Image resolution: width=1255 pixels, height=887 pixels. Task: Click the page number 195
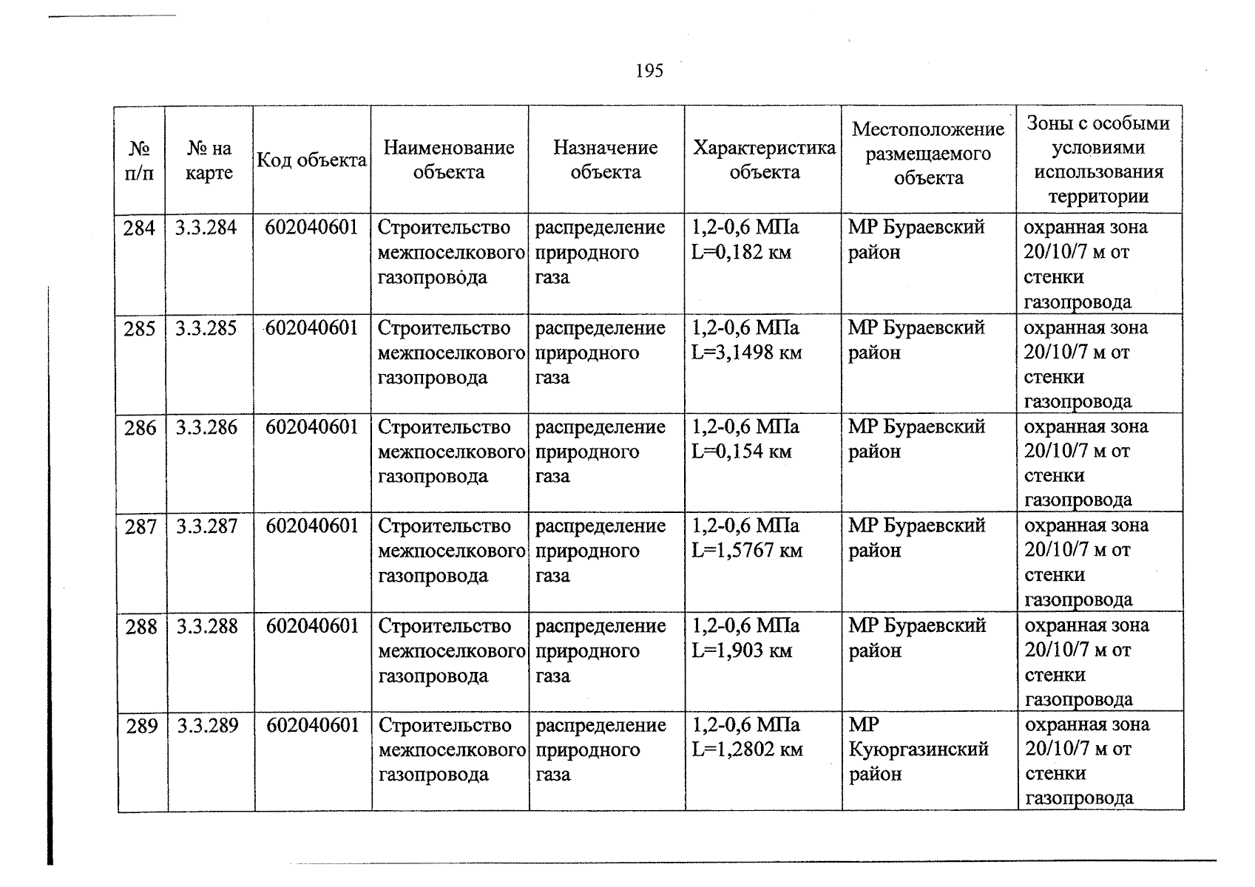tap(649, 71)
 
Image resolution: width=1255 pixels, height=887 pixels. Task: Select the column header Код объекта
tap(311, 160)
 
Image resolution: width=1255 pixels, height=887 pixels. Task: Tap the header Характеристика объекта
tap(764, 160)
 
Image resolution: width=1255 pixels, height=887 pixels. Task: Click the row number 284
tap(139, 228)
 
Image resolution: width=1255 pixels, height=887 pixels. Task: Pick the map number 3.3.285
tap(206, 328)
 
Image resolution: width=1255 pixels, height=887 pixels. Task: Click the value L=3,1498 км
tap(746, 353)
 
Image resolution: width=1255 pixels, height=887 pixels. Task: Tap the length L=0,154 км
tap(741, 451)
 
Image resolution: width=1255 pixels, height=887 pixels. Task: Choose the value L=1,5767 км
tap(746, 551)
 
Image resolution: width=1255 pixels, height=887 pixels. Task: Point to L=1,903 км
tap(741, 651)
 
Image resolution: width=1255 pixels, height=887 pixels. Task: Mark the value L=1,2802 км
tap(747, 750)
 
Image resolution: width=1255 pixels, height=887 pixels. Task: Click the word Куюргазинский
tap(919, 750)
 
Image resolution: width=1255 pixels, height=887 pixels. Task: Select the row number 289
tap(142, 727)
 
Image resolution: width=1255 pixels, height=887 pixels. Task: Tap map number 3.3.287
tap(207, 527)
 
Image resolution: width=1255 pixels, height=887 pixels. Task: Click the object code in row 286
tap(312, 427)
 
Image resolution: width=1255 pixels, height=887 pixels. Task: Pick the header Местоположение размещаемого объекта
tap(928, 154)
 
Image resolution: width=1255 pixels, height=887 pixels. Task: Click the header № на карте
tap(209, 160)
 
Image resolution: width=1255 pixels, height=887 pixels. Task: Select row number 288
tap(141, 628)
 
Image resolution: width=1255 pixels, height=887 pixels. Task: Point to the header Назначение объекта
tap(605, 160)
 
